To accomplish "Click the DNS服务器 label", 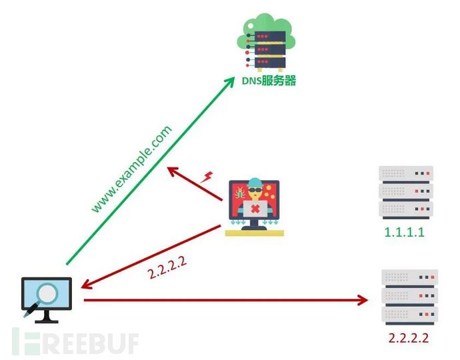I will [x=269, y=81].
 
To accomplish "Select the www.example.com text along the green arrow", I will [x=132, y=168].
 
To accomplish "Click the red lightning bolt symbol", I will [x=207, y=177].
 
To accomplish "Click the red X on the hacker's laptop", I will [x=255, y=211].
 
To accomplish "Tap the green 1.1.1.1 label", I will [x=405, y=233].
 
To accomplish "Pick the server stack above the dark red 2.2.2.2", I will [x=407, y=297].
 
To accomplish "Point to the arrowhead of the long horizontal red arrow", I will [x=363, y=301].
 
